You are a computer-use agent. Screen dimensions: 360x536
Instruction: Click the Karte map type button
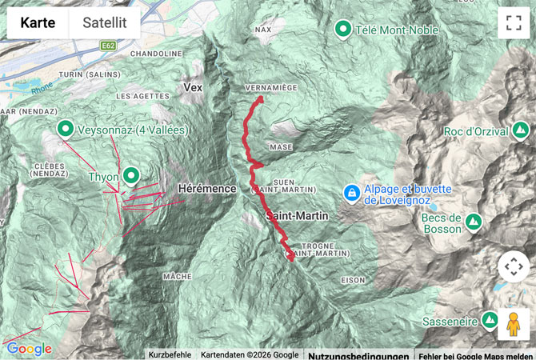38,23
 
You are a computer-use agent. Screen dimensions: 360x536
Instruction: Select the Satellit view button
105,23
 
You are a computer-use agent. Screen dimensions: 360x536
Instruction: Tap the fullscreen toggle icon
512,23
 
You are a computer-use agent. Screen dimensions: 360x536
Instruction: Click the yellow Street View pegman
513,324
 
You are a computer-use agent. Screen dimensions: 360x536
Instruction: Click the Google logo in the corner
29,349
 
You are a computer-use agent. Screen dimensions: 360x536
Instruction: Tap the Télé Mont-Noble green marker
343,30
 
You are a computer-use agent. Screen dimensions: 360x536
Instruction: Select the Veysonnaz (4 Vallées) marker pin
65,128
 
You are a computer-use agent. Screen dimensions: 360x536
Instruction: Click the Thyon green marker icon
130,176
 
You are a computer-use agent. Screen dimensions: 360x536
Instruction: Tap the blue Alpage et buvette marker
350,193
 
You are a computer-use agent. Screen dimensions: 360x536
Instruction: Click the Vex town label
193,87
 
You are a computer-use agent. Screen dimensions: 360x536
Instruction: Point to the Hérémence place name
207,188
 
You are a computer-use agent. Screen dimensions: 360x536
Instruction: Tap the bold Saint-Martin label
298,216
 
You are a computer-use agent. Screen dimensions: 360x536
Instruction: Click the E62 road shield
109,46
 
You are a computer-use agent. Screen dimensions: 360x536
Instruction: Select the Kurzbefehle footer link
170,354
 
